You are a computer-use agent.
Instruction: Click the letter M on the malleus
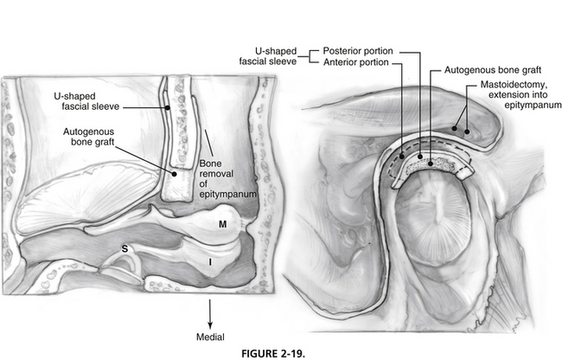click(x=222, y=224)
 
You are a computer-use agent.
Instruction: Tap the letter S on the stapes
click(x=125, y=249)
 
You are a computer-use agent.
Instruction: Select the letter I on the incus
click(x=210, y=262)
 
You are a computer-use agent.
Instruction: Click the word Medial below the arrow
click(x=210, y=337)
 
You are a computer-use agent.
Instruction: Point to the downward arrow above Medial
click(x=210, y=314)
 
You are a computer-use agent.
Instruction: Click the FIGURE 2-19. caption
click(x=273, y=354)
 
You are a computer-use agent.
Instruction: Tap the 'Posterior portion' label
click(x=358, y=51)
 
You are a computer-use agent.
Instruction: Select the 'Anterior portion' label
click(x=356, y=62)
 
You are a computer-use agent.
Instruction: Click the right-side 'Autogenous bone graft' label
click(x=493, y=70)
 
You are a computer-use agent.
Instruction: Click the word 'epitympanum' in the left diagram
click(x=228, y=195)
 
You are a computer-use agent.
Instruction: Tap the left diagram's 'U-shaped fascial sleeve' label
click(x=86, y=101)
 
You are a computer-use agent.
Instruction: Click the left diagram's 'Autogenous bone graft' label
click(x=89, y=137)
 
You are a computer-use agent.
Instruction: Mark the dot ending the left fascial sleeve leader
click(x=168, y=107)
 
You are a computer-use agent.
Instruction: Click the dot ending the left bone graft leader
click(x=174, y=174)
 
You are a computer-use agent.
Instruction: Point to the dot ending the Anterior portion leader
click(x=402, y=157)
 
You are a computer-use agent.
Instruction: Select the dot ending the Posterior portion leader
click(x=420, y=157)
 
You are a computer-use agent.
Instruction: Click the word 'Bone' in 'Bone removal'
click(x=210, y=164)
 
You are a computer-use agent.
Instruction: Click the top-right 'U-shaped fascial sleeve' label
click(x=268, y=56)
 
